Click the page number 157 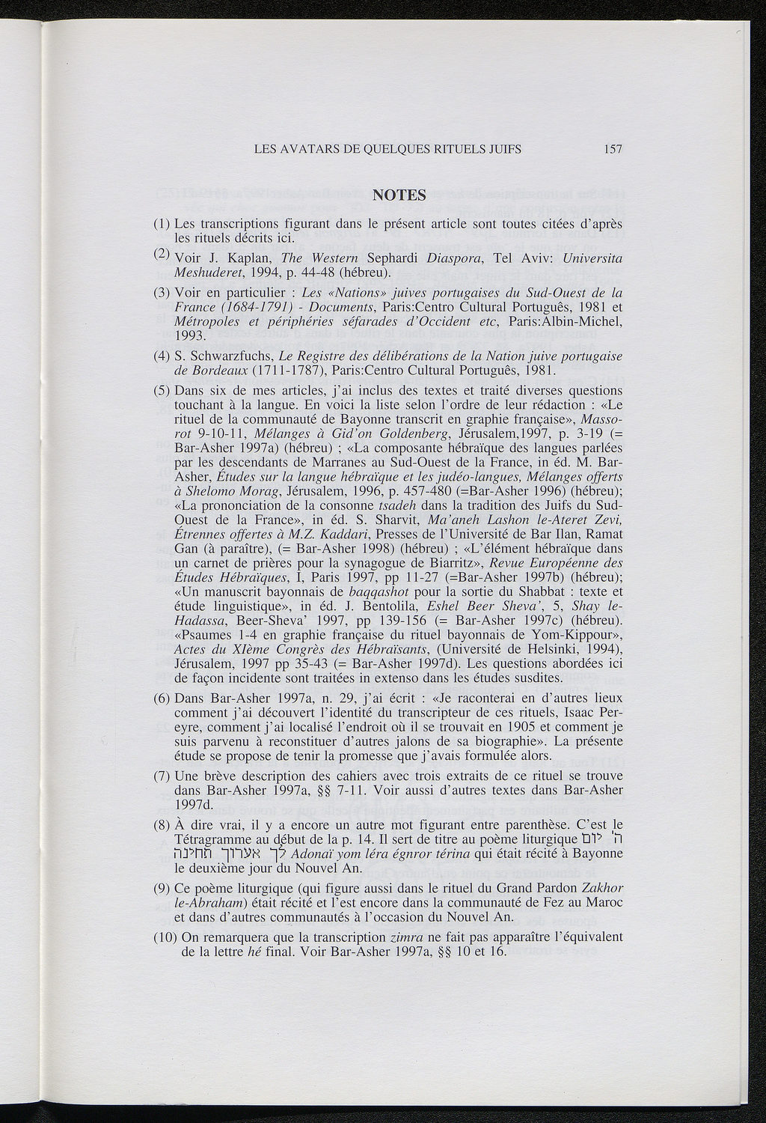(613, 149)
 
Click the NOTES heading (399, 196)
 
